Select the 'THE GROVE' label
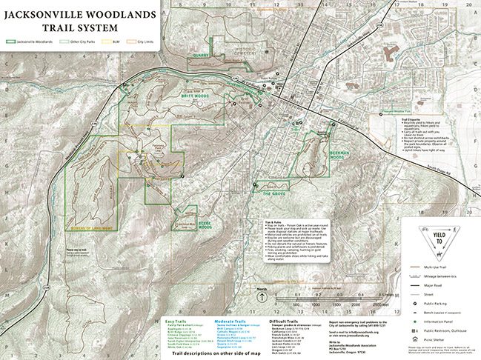(273, 193)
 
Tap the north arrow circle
(262, 296)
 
